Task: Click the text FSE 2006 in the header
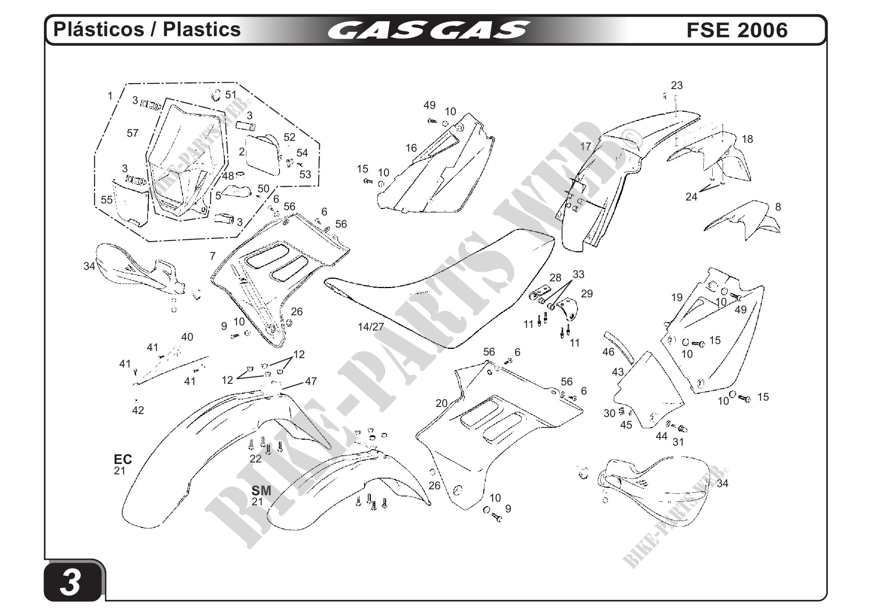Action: point(737,30)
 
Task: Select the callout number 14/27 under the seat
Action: point(370,327)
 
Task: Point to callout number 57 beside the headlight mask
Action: point(132,133)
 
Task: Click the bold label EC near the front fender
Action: point(123,459)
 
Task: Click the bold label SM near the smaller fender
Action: point(261,491)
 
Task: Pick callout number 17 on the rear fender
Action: point(586,146)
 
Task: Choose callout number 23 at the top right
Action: point(677,86)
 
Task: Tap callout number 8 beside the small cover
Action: point(778,207)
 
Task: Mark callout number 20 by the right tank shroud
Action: point(442,403)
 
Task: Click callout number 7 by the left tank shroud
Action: point(213,256)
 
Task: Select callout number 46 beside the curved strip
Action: point(608,352)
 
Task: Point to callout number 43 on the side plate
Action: point(618,372)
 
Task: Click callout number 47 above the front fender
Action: point(311,381)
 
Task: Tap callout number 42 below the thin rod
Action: point(138,410)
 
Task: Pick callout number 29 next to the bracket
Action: point(587,294)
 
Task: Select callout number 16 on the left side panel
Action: point(411,148)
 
